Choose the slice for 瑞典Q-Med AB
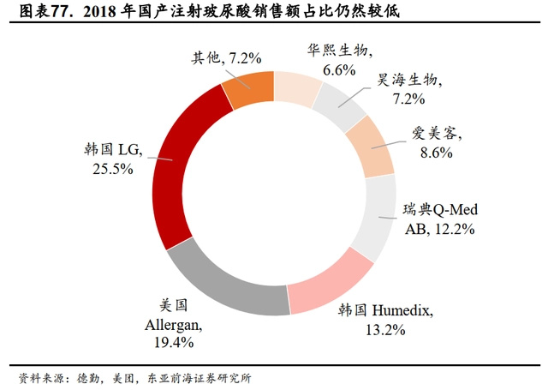point(378,210)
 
